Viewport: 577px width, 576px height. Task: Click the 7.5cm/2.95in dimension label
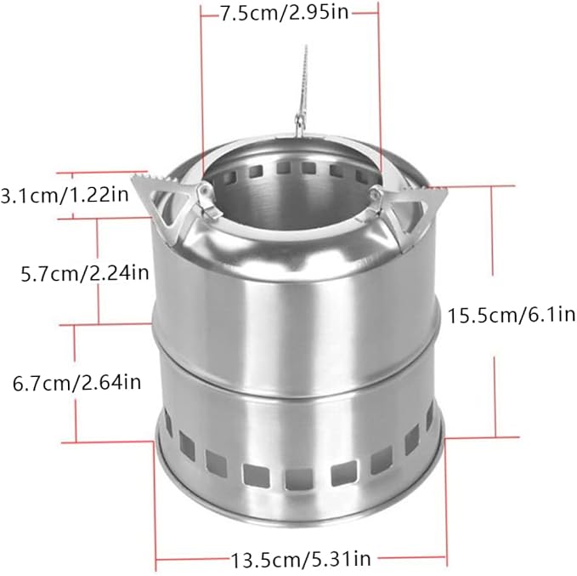284,14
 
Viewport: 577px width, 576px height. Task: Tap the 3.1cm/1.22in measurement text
65,195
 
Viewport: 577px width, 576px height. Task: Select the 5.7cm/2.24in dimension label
85,273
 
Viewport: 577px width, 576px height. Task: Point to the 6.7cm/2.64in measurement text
77,383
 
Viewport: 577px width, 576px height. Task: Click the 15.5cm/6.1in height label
511,316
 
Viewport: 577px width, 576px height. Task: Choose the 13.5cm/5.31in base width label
301,559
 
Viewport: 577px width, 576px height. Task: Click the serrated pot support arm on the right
409,214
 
